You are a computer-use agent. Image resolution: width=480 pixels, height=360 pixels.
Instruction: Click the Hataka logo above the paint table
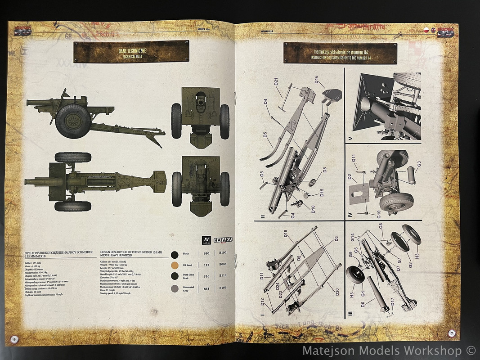point(223,240)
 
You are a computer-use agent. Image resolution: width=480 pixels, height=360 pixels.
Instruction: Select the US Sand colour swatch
point(175,265)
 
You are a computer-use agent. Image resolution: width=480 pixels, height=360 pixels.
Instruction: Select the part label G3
point(419,164)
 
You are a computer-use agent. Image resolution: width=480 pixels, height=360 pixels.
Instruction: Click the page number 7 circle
point(451,333)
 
